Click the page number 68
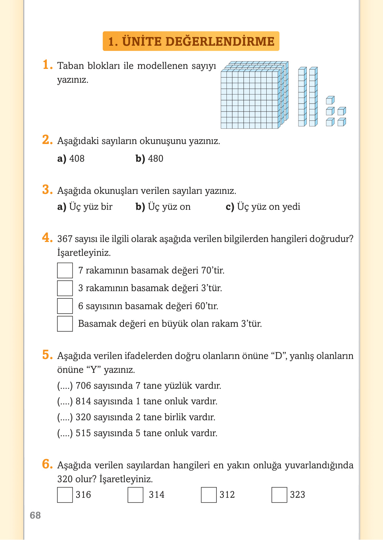click(x=35, y=515)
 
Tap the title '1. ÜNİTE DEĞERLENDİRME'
click(x=191, y=42)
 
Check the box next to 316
click(x=65, y=495)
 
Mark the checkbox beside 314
click(x=135, y=495)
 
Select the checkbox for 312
click(x=209, y=495)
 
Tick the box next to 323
click(x=279, y=495)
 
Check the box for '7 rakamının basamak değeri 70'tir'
click(x=65, y=270)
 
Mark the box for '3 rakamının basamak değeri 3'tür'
click(x=65, y=288)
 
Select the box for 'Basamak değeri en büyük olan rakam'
click(x=65, y=324)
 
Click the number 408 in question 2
click(x=77, y=159)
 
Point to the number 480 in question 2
click(x=155, y=159)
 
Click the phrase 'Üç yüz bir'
click(x=91, y=207)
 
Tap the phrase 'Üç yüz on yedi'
click(x=268, y=207)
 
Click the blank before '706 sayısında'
click(x=65, y=386)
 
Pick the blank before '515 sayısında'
click(x=65, y=433)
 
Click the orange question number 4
click(x=47, y=238)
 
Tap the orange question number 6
click(x=47, y=464)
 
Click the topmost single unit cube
click(x=330, y=100)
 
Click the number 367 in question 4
click(x=65, y=239)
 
